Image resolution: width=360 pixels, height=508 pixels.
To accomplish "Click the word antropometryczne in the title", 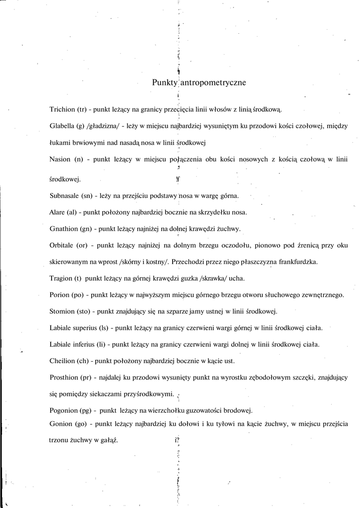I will [x=213, y=83].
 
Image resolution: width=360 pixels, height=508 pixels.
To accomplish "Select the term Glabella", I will [x=62, y=126].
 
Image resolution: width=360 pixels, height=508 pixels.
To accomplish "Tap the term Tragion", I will [x=61, y=278].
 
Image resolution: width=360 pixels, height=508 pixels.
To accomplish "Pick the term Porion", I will [x=60, y=295].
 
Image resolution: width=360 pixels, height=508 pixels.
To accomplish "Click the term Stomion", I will [x=62, y=312].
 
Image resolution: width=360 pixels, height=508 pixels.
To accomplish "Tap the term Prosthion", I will [x=64, y=378].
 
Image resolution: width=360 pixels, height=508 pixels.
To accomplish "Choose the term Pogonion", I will [x=64, y=410].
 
